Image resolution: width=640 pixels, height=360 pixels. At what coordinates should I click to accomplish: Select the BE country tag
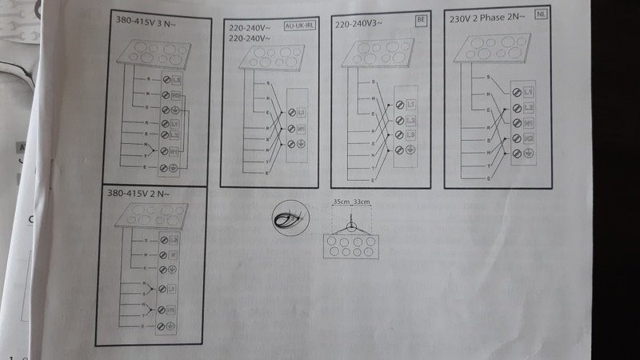tap(421, 19)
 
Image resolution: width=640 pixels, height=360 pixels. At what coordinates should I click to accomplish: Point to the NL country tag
tap(542, 17)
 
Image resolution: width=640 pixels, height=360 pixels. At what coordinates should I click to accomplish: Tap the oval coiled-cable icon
tap(289, 218)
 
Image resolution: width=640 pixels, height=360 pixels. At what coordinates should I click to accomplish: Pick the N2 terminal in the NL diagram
tap(529, 138)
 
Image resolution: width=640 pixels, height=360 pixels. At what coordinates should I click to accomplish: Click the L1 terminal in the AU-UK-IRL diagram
tap(302, 112)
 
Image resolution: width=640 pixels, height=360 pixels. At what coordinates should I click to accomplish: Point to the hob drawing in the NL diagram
tap(493, 50)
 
